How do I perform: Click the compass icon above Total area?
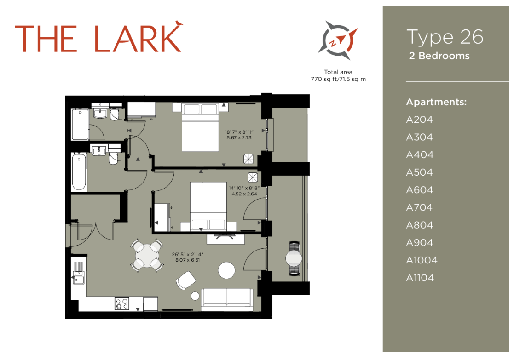click(338, 40)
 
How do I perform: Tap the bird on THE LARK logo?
click(179, 23)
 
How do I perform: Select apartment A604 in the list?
click(419, 190)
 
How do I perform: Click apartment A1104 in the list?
click(420, 278)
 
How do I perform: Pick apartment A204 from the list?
click(419, 120)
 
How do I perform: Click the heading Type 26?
click(445, 37)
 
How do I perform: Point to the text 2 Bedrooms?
click(439, 56)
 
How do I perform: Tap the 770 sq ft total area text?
click(339, 79)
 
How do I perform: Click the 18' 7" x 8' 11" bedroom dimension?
click(238, 135)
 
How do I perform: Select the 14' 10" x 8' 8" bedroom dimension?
click(243, 190)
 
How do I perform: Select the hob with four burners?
click(122, 303)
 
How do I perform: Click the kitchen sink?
click(78, 277)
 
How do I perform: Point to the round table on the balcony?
click(293, 258)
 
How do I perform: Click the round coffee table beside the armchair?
click(226, 270)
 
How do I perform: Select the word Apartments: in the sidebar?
click(436, 102)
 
